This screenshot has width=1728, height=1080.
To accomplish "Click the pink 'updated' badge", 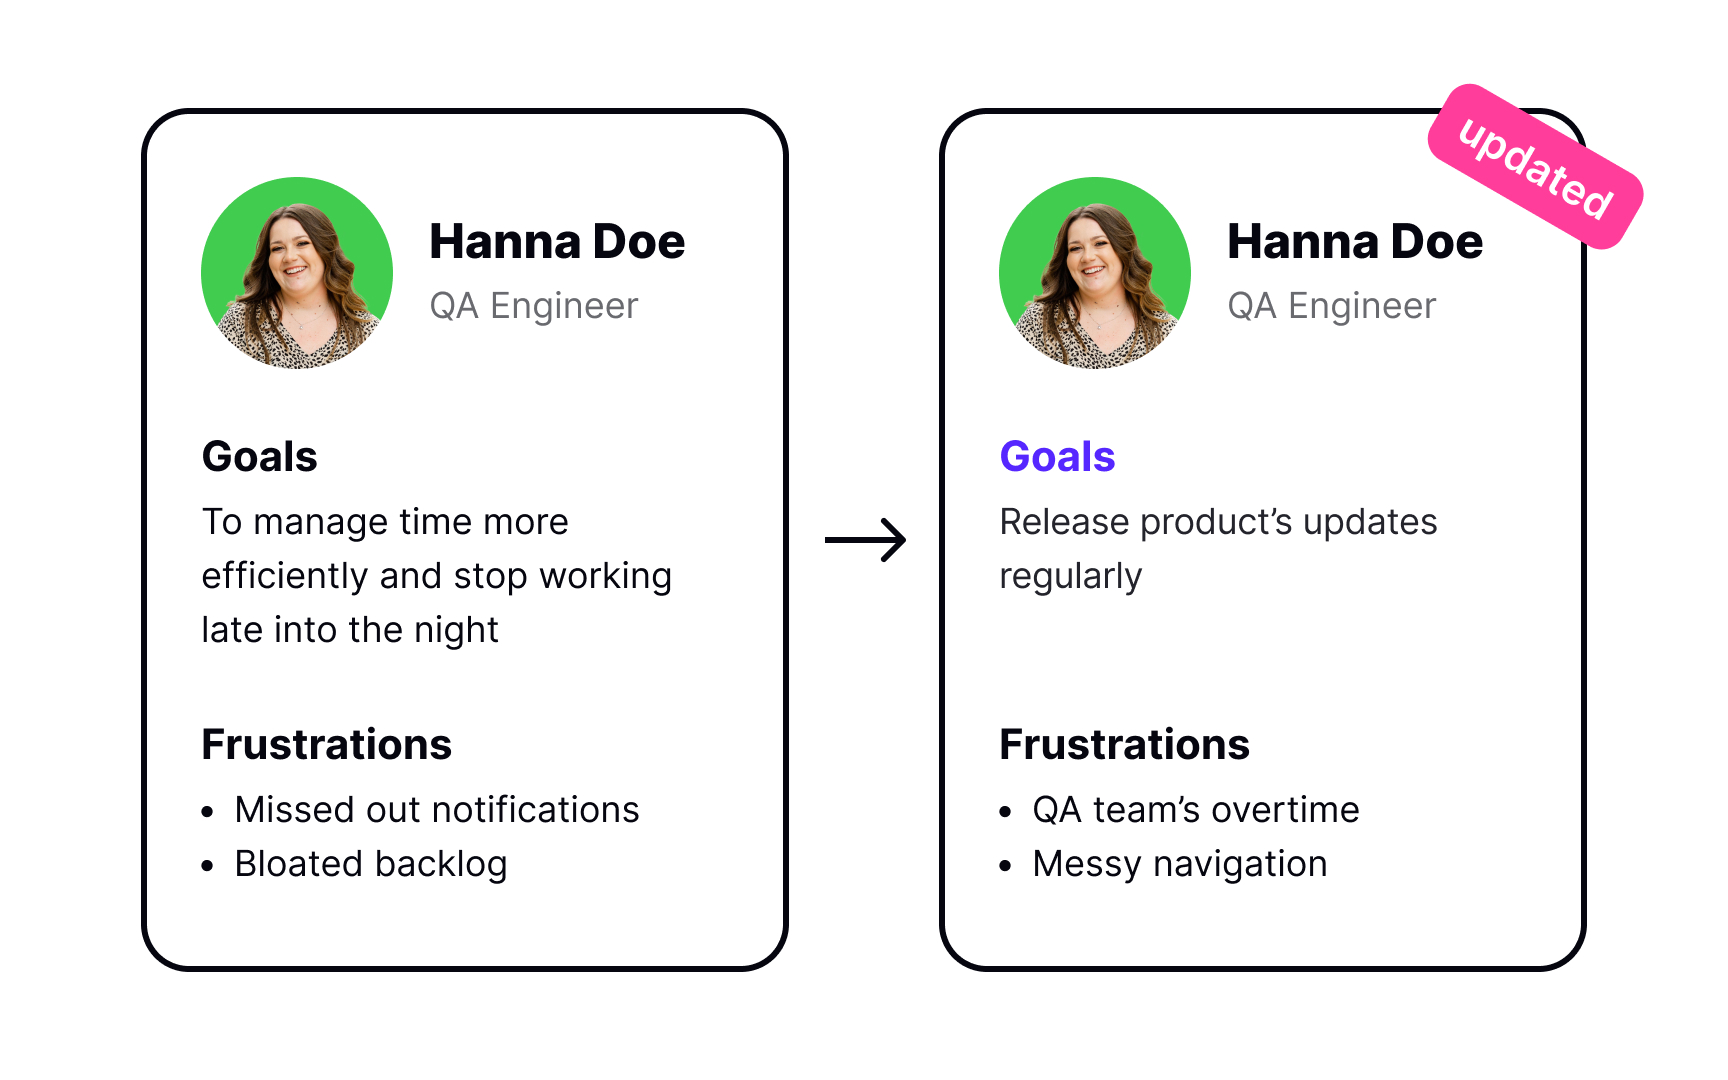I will click(x=1535, y=167).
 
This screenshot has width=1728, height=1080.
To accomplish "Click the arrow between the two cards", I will click(x=866, y=540).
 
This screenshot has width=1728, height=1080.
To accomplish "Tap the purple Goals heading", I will click(x=1057, y=457).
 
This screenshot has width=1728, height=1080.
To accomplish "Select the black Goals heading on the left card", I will click(x=259, y=457).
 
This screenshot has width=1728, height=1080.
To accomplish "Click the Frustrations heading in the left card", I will click(x=326, y=745).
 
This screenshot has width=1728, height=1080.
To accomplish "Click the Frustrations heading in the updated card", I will click(x=1124, y=745).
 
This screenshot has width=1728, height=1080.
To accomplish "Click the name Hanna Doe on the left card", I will click(x=557, y=242).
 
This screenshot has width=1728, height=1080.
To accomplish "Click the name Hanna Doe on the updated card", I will click(x=1355, y=242).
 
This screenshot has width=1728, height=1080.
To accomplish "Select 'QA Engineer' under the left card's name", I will click(x=533, y=306).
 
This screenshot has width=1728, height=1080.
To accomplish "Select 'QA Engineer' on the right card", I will click(x=1331, y=306).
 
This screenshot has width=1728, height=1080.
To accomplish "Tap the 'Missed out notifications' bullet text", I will click(x=436, y=810).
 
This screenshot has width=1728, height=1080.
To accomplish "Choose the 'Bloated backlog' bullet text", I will click(x=370, y=864).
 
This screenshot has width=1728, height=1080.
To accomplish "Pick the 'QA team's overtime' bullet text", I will click(x=1195, y=810).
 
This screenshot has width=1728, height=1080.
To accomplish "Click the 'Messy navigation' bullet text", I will click(x=1179, y=864).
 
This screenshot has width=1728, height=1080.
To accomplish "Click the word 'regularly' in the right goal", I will click(x=1070, y=577).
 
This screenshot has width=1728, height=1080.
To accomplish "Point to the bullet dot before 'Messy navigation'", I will click(x=1006, y=866).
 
